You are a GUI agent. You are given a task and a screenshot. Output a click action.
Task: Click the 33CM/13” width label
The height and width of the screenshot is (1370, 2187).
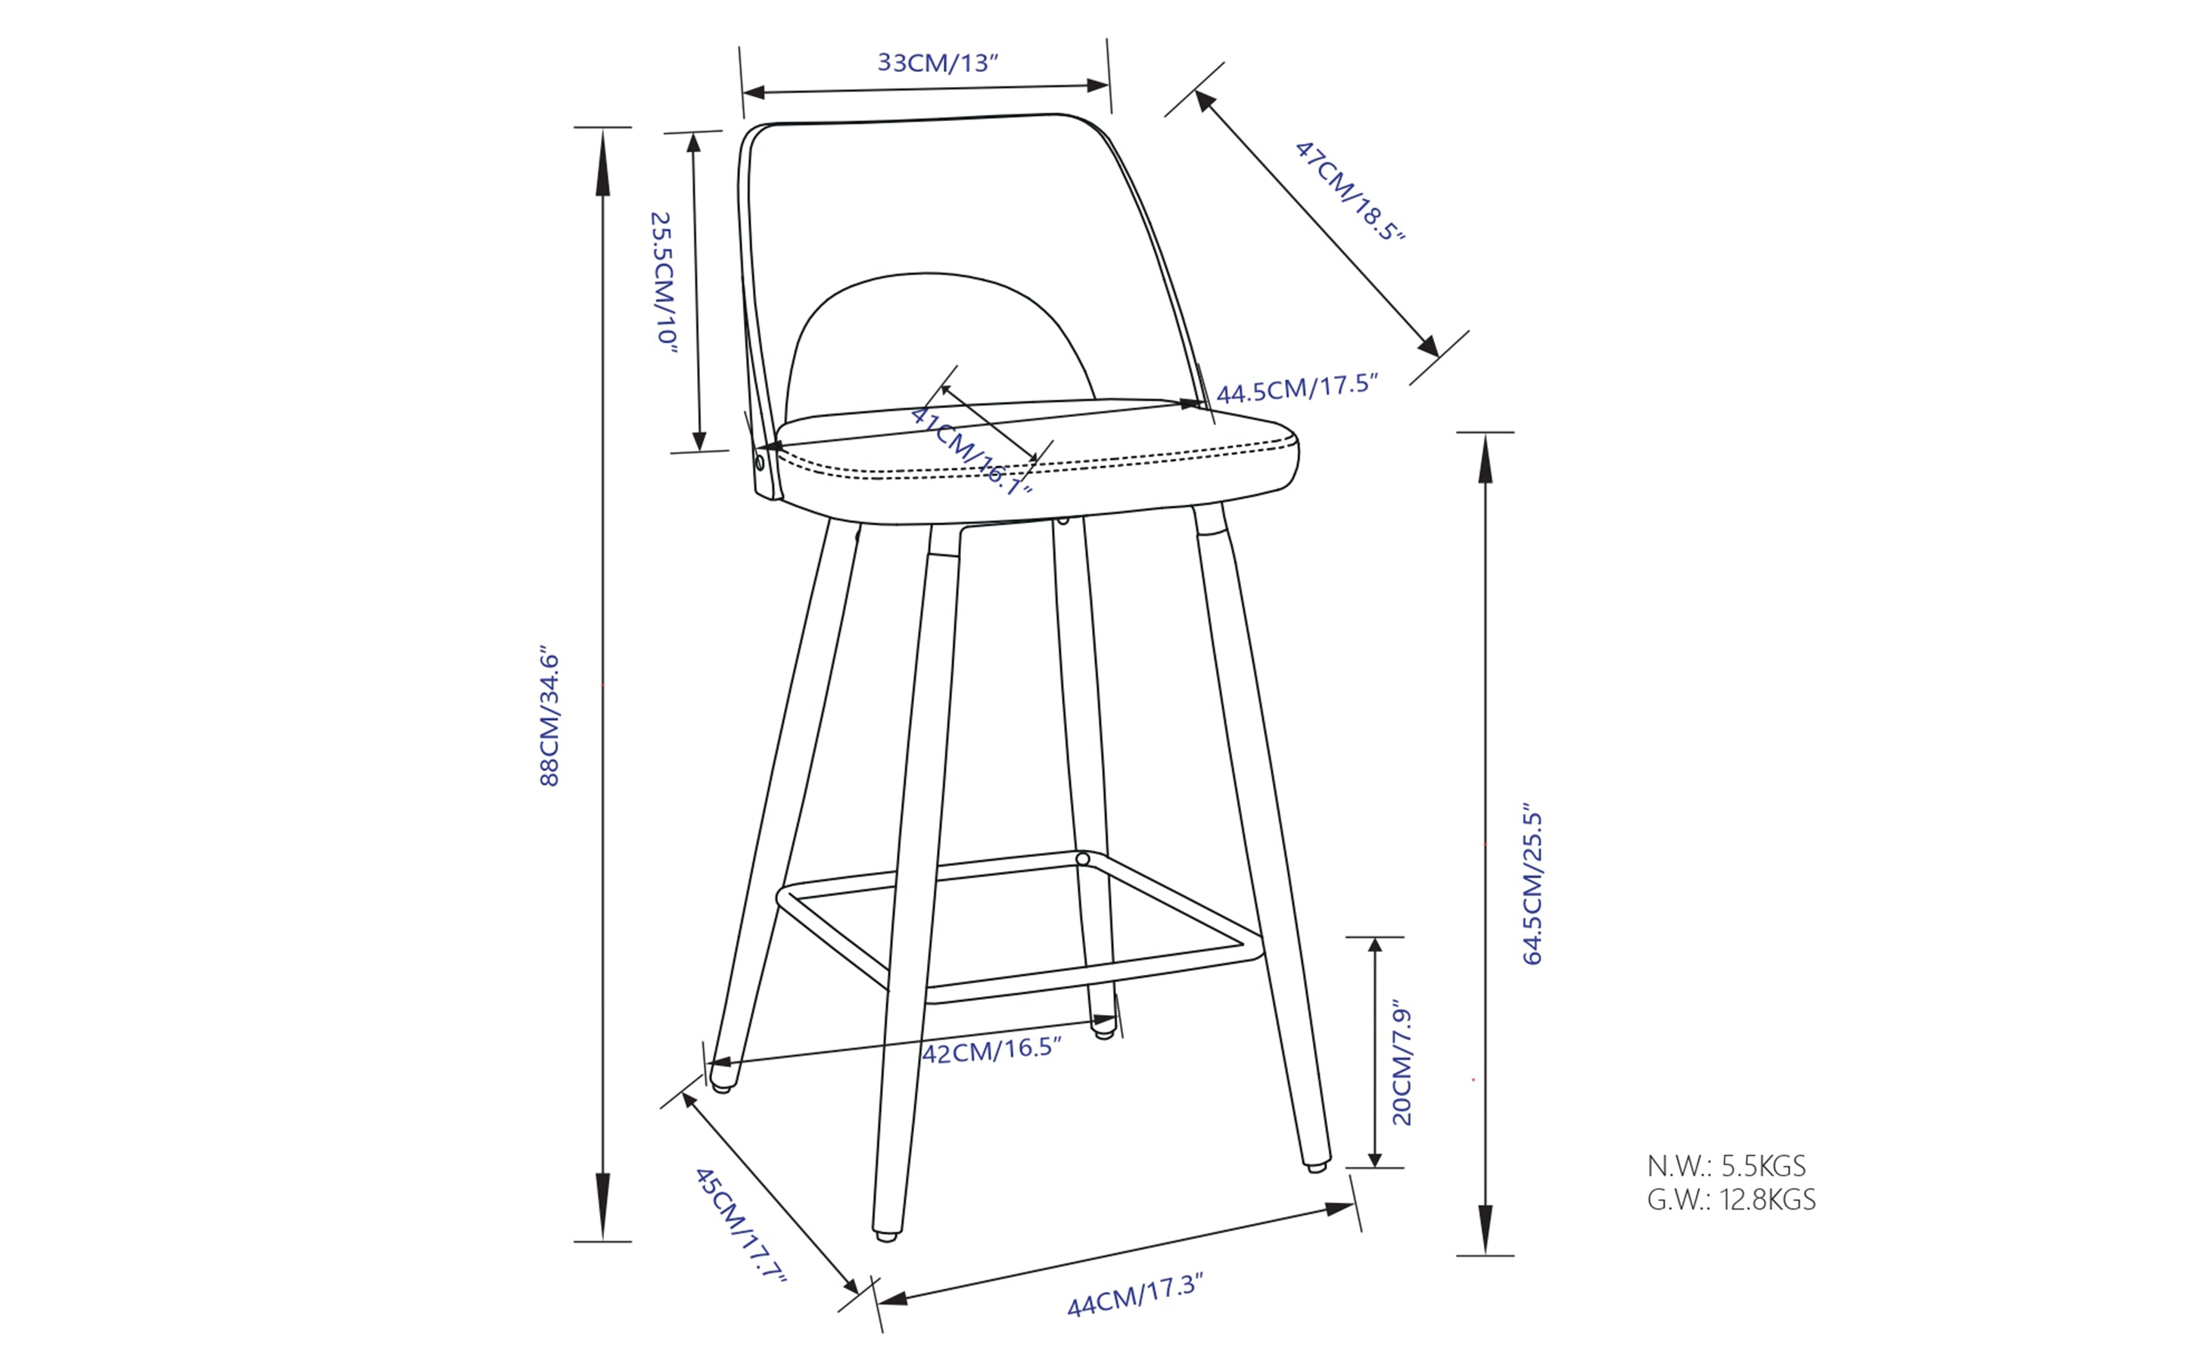click(x=938, y=63)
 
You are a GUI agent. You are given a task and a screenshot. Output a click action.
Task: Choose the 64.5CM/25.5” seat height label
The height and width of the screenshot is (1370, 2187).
click(x=1532, y=883)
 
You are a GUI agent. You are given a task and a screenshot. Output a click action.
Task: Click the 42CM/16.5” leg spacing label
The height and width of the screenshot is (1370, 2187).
click(x=991, y=1050)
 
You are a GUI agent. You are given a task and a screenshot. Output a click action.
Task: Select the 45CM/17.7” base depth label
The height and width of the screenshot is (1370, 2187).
click(x=739, y=1224)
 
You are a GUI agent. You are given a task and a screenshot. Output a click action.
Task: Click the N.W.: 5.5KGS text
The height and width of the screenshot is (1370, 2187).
click(x=1726, y=1165)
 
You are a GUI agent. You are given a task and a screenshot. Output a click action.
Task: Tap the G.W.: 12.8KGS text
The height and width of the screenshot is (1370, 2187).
click(x=1731, y=1200)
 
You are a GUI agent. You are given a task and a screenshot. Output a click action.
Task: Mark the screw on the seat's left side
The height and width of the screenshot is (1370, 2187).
click(x=759, y=464)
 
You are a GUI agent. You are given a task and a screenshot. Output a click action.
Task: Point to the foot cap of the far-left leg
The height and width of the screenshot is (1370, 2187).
click(x=721, y=1085)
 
